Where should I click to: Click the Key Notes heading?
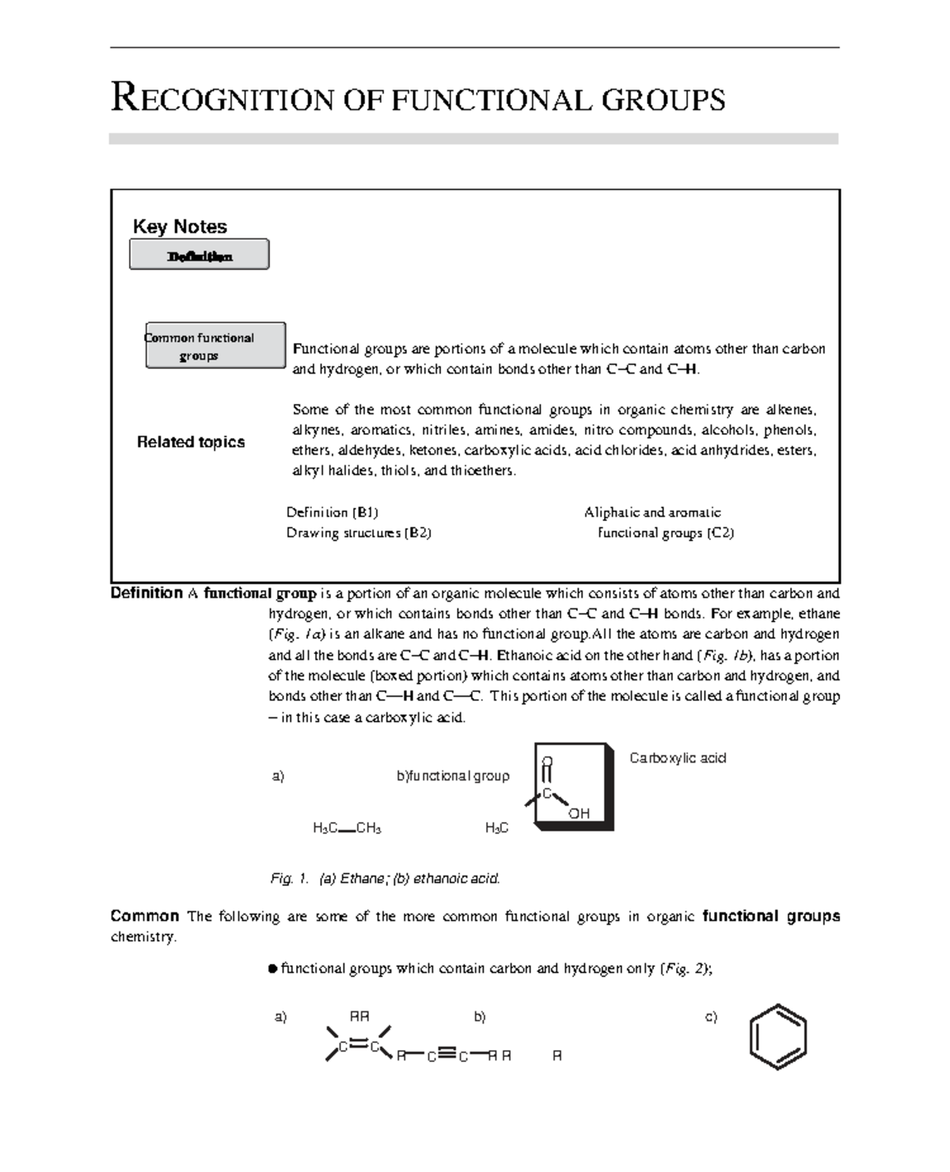click(180, 226)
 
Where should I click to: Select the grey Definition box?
click(199, 256)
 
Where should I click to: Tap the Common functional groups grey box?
click(215, 346)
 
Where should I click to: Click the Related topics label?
click(191, 442)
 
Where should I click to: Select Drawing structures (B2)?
click(359, 533)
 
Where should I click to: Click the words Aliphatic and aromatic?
click(652, 512)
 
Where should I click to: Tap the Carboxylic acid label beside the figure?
click(678, 758)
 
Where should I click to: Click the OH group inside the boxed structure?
click(579, 813)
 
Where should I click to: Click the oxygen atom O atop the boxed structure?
click(546, 762)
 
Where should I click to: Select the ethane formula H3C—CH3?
click(348, 828)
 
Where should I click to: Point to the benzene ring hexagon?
click(778, 1037)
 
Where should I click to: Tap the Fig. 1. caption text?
click(385, 878)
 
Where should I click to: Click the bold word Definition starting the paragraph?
click(146, 593)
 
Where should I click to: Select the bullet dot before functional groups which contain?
click(272, 968)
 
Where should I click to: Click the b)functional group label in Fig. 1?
click(453, 776)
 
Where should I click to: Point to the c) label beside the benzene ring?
click(711, 1017)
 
